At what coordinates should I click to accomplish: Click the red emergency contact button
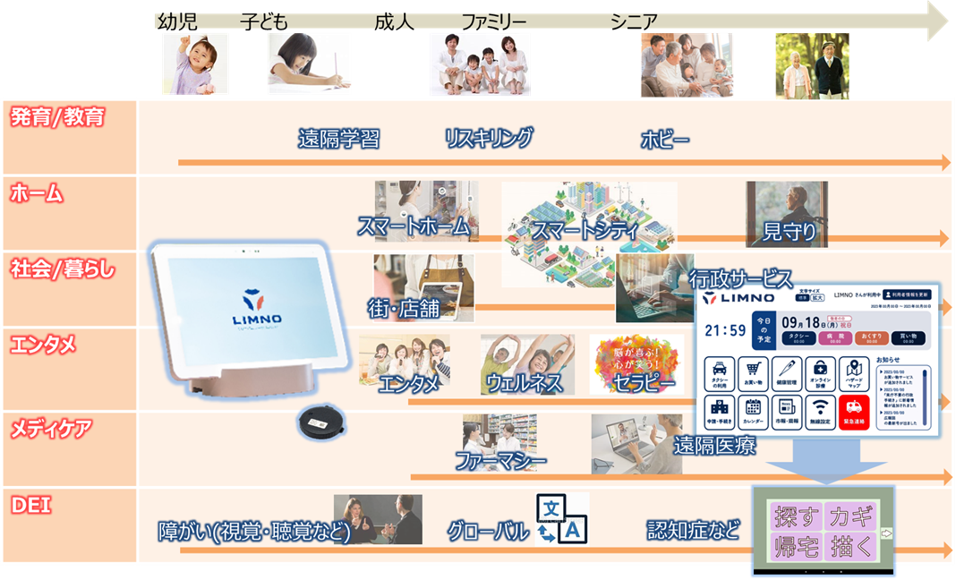pos(856,411)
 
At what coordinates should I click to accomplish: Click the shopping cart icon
pos(755,372)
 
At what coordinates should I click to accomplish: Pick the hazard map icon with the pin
pos(855,372)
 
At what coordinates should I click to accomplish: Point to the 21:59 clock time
pos(725,330)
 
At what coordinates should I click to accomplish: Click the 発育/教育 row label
pos(57,117)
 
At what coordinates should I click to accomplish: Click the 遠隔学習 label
pos(338,139)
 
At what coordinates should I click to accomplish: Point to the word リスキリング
pos(489,138)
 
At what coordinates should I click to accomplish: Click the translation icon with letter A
pos(561,519)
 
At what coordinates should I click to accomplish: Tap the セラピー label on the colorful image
pos(644,382)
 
